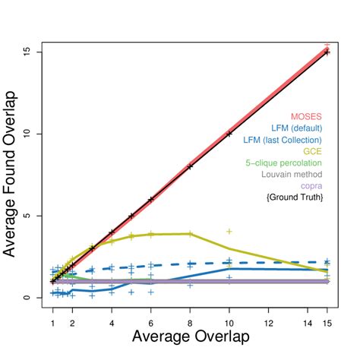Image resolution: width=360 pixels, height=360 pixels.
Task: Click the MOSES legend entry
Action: coord(306,116)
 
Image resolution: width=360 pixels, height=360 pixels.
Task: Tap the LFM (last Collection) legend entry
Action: coord(283,140)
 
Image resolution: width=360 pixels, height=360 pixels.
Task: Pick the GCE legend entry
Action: coord(313,151)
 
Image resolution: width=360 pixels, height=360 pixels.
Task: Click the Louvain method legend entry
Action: coord(292,174)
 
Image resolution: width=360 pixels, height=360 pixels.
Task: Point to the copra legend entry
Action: coord(311,185)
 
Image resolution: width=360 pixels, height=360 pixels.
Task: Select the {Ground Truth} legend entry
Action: coord(294,197)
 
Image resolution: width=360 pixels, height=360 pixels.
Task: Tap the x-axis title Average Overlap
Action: coord(190,335)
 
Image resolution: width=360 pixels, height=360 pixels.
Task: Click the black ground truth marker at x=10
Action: coord(229,134)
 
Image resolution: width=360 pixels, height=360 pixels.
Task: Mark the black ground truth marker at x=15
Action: coord(327,52)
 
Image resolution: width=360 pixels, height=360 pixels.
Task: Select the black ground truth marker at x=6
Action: coord(151,199)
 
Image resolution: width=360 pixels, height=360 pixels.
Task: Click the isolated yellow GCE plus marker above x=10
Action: coord(229,231)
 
